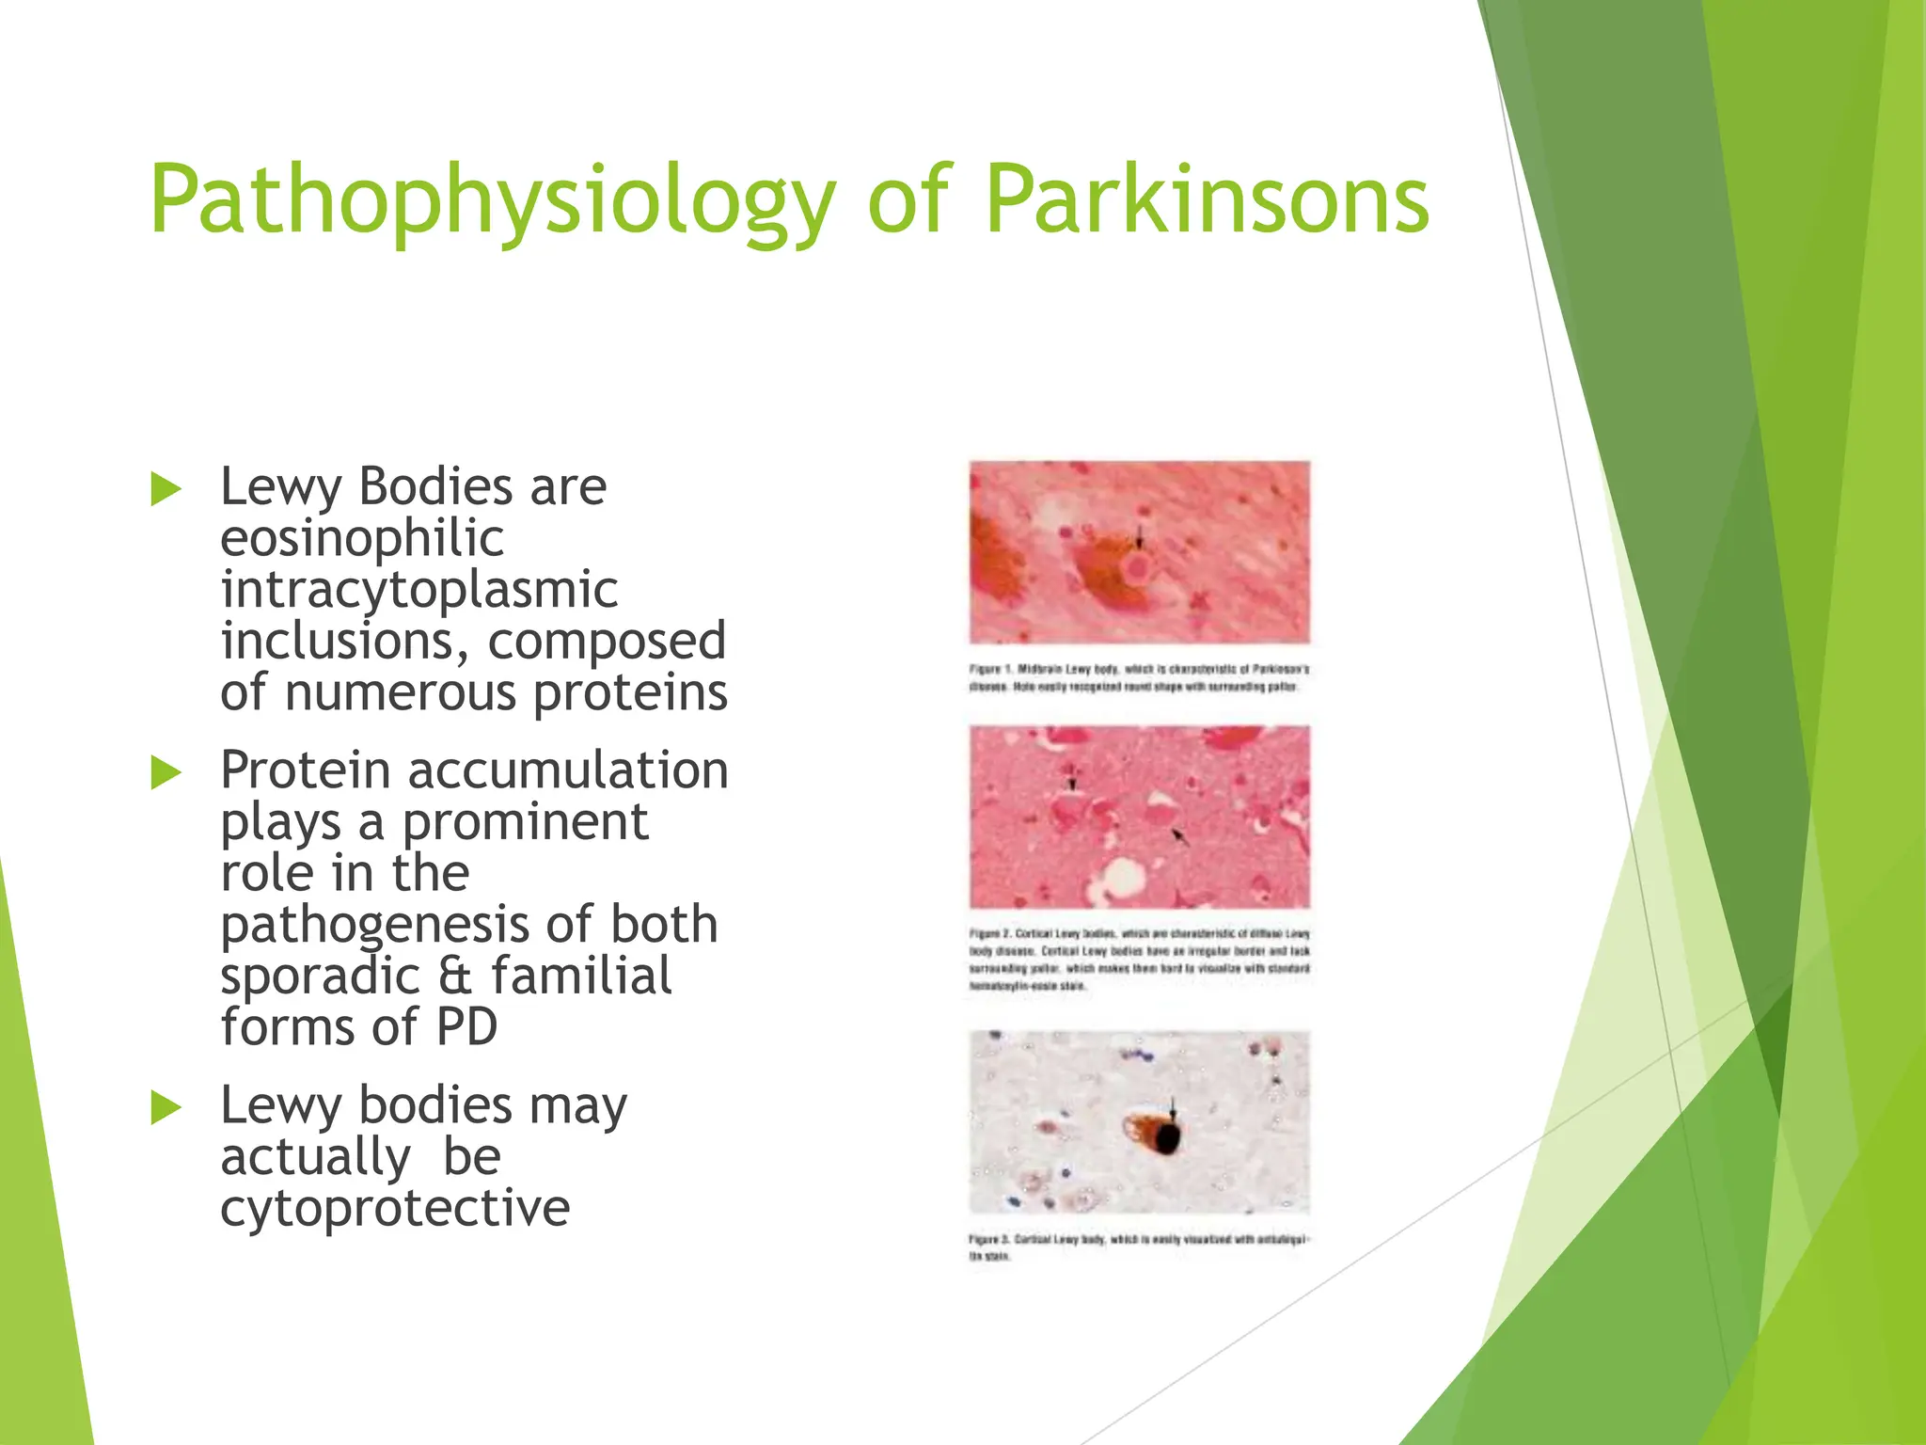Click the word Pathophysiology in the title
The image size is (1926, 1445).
point(492,200)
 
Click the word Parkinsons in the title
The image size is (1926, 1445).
point(1207,200)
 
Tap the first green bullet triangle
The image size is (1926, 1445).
point(166,489)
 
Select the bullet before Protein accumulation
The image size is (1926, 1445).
point(166,773)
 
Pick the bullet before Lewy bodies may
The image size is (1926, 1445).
point(166,1107)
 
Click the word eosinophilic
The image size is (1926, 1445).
point(362,539)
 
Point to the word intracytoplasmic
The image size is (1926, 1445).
point(419,591)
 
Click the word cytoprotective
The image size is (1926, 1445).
point(395,1208)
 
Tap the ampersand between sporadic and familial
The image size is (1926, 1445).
point(456,976)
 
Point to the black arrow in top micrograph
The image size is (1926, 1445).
point(1140,538)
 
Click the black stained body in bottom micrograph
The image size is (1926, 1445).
point(1167,1139)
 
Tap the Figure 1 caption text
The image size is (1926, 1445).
point(1139,678)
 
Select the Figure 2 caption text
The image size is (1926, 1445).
point(1139,960)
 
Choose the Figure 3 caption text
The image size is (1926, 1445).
point(1139,1247)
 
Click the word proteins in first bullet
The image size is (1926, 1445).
point(630,693)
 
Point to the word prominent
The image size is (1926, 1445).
point(526,822)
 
